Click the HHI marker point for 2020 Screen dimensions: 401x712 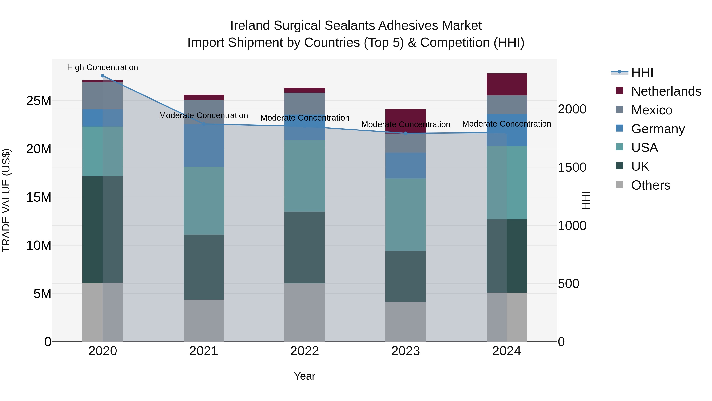pyautogui.click(x=102, y=76)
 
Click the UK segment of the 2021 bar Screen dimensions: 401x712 pyautogui.click(x=204, y=267)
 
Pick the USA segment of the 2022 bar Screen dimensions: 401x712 pyautogui.click(x=305, y=176)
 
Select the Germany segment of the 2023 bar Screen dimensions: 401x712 pyautogui.click(x=405, y=166)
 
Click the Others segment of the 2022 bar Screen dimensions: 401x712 pyautogui.click(x=305, y=312)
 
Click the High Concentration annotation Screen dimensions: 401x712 pyautogui.click(x=102, y=68)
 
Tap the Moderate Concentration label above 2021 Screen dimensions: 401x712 pyautogui.click(x=204, y=115)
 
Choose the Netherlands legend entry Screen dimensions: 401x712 pyautogui.click(x=666, y=91)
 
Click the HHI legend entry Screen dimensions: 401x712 pyautogui.click(x=642, y=72)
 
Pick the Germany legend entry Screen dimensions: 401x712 pyautogui.click(x=658, y=129)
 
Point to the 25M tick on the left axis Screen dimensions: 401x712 pyautogui.click(x=39, y=101)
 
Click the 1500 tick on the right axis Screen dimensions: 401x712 pyautogui.click(x=572, y=167)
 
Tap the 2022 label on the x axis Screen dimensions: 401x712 pyautogui.click(x=305, y=351)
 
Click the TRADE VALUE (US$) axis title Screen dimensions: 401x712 pyautogui.click(x=6, y=200)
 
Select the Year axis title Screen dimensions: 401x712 pyautogui.click(x=305, y=376)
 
